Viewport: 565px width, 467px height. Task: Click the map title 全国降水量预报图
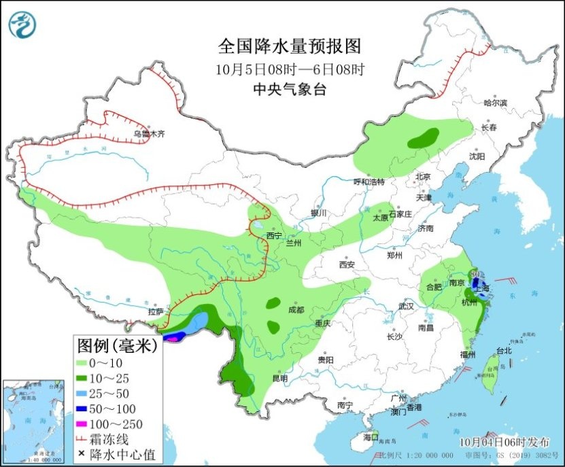point(289,46)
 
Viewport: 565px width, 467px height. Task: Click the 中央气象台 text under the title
point(289,88)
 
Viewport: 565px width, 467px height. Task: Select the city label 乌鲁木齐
point(150,135)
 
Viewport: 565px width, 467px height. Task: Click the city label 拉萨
point(156,311)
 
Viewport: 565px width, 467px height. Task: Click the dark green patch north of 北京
point(423,139)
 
